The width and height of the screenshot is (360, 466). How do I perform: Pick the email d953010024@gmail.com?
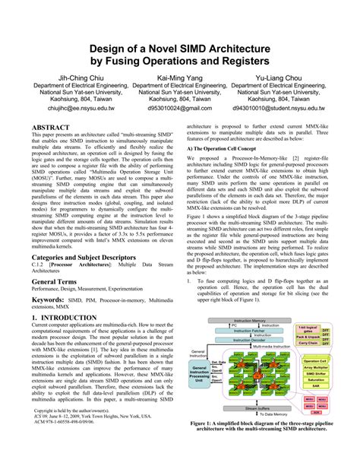tap(179, 109)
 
